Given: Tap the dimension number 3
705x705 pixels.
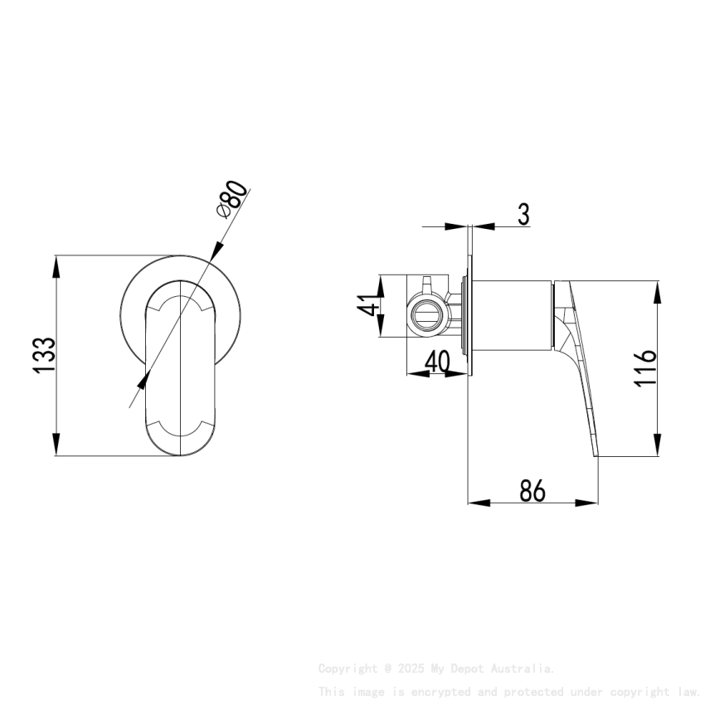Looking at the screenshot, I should pos(523,213).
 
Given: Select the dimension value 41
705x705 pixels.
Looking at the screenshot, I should pos(371,306).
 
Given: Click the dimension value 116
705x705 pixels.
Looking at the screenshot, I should pos(645,367).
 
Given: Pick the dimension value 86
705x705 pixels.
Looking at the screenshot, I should pos(532,491).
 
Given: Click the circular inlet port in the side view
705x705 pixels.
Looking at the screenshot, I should pos(427,315).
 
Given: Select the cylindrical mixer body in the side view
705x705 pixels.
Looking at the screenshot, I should pos(510,315).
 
